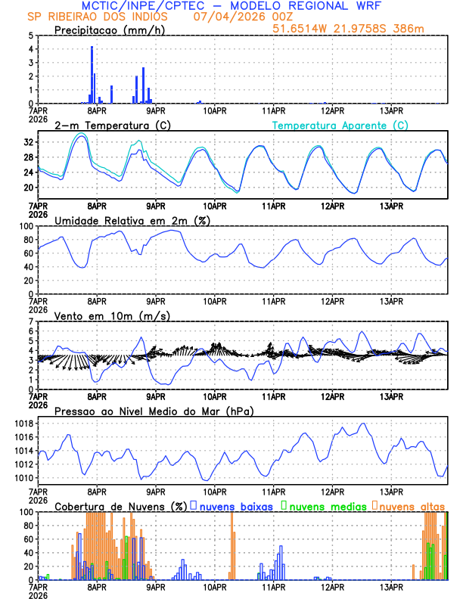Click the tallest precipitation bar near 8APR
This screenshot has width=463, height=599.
click(92, 74)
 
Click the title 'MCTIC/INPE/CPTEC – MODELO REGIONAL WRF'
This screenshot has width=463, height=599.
click(231, 6)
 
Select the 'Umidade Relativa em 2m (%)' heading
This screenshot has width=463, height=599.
click(132, 220)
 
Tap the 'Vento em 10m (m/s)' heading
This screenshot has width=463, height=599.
click(112, 315)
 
